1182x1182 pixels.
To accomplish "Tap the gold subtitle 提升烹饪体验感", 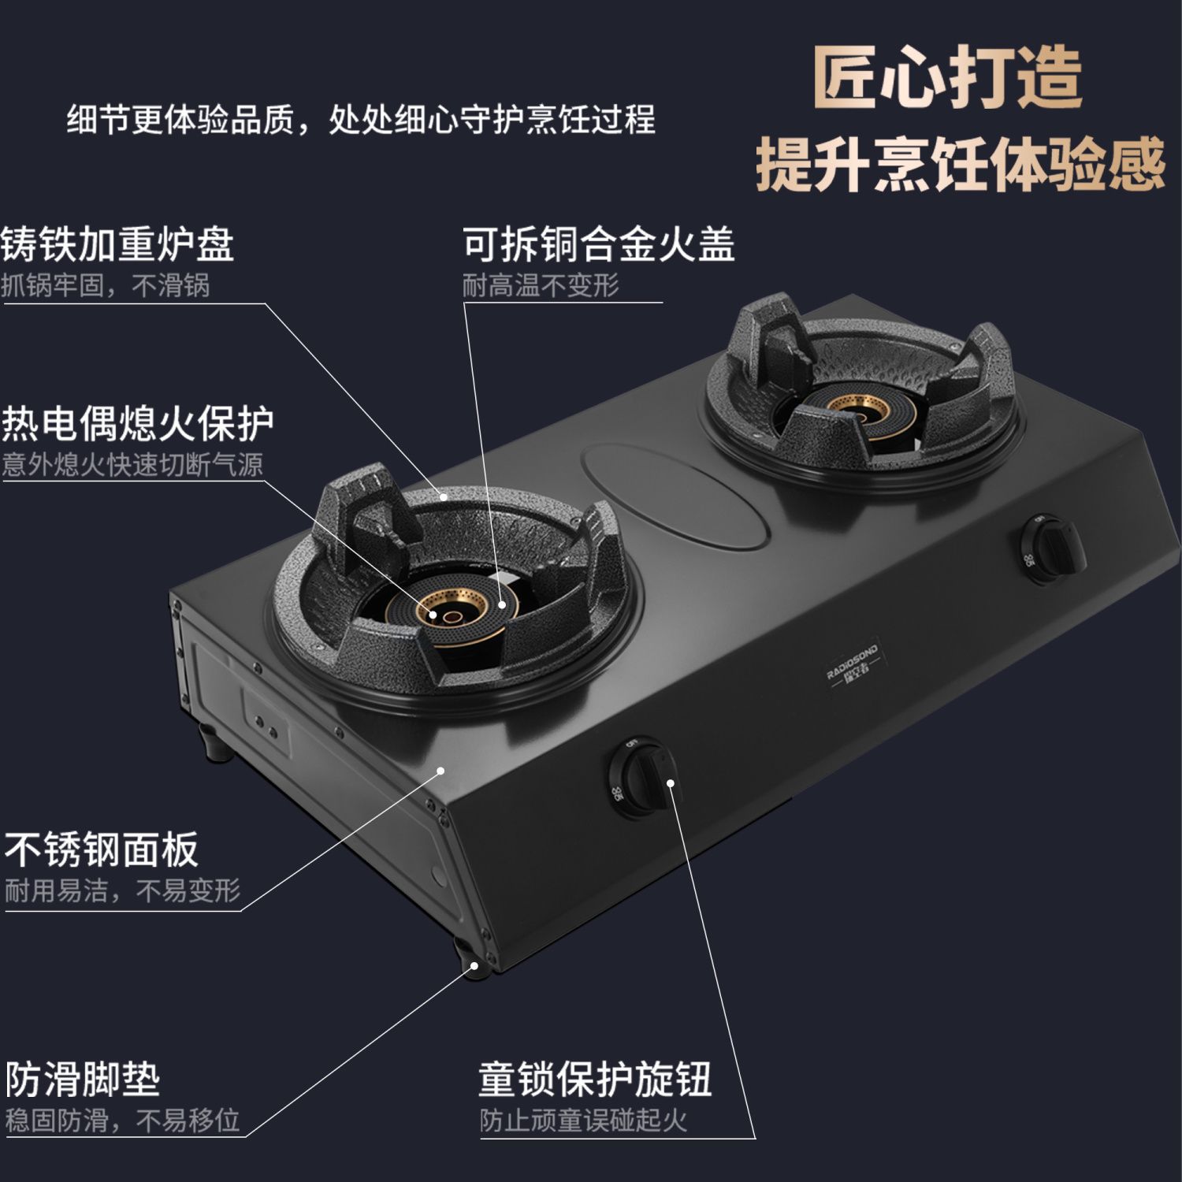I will (x=960, y=164).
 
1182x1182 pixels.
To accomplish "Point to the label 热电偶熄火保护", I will (x=137, y=423).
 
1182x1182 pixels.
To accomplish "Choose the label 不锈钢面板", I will (x=101, y=849).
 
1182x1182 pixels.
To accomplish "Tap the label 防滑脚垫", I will (x=83, y=1079).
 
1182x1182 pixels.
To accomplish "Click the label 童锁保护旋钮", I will (x=595, y=1079).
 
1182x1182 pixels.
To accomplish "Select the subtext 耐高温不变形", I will (x=541, y=285).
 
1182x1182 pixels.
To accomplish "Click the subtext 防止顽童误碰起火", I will (x=584, y=1121).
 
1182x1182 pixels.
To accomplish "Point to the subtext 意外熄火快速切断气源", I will (x=132, y=465).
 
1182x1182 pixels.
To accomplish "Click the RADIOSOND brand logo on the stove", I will (x=853, y=666).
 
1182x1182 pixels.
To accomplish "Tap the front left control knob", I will (x=640, y=777).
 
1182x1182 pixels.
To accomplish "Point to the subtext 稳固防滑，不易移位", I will (x=123, y=1121).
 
